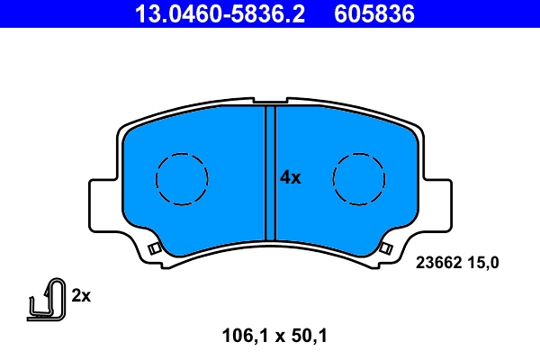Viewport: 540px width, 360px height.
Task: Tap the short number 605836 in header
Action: (377, 13)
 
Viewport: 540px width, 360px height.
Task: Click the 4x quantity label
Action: (290, 177)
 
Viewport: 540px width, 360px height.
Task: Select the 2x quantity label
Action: (82, 295)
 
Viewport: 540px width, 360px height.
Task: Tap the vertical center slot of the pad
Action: (269, 171)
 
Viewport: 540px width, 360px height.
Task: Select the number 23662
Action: (438, 263)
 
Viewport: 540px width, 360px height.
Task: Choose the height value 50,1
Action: (305, 337)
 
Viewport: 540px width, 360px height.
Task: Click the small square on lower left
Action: (154, 247)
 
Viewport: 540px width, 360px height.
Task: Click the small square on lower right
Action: (386, 247)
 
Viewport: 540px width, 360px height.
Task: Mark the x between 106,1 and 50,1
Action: (275, 338)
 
